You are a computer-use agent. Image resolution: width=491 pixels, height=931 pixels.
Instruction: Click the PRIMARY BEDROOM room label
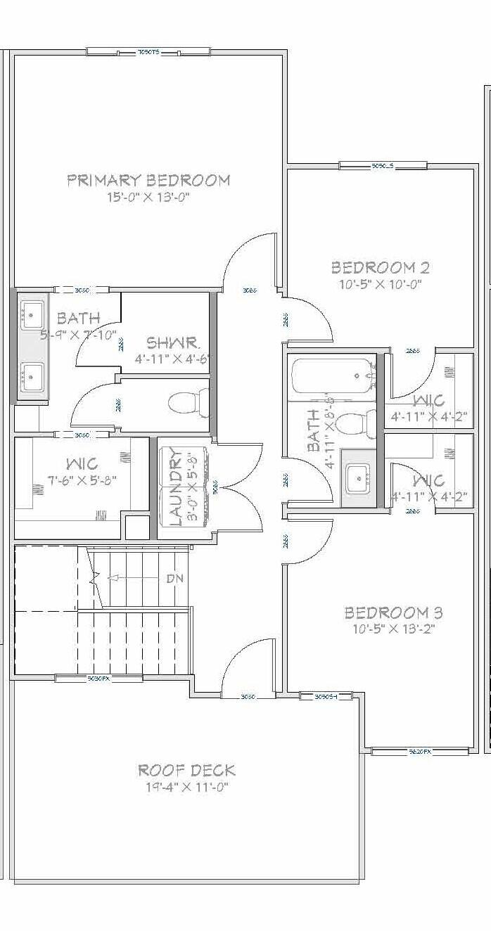pyautogui.click(x=148, y=181)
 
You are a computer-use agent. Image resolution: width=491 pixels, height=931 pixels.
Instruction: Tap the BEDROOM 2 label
pyautogui.click(x=381, y=268)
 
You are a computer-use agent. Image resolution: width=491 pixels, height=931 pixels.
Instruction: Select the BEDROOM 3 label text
pyautogui.click(x=393, y=612)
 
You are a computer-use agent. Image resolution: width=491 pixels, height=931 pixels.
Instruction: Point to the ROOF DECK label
pyautogui.click(x=186, y=771)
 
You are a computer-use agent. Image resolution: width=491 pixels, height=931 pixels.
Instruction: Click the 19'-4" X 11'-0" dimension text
pyautogui.click(x=186, y=787)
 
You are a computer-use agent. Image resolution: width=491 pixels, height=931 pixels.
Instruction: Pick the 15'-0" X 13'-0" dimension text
pyautogui.click(x=148, y=198)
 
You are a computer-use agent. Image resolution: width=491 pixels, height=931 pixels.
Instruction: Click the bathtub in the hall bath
pyautogui.click(x=331, y=376)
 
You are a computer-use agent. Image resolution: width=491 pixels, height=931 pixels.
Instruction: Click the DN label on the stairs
pyautogui.click(x=175, y=579)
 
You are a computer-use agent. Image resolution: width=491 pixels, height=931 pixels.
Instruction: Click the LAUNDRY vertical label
pyautogui.click(x=176, y=487)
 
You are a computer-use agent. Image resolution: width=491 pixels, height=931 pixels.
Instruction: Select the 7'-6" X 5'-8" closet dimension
pyautogui.click(x=82, y=480)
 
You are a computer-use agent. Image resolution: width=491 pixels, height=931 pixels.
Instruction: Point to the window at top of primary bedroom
pyautogui.click(x=148, y=52)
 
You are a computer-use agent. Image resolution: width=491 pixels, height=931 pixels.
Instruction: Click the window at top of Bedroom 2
pyautogui.click(x=383, y=166)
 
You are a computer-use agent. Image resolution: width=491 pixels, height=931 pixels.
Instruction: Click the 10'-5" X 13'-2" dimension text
pyautogui.click(x=393, y=629)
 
